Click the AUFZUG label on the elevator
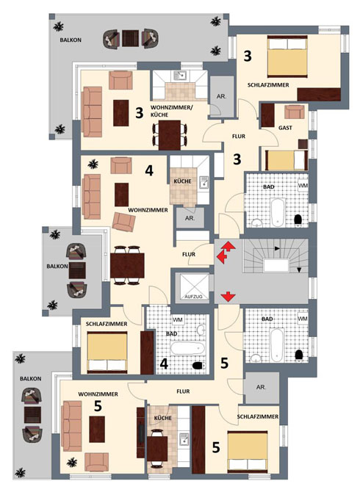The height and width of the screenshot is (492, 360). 193,297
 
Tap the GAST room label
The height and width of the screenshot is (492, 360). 285,128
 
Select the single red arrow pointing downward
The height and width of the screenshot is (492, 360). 228,296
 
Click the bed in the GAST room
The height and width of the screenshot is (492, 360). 287,160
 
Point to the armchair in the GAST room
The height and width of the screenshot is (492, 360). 295,112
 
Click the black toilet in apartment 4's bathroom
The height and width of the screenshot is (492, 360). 198,365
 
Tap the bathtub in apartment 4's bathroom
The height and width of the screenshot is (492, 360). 187,348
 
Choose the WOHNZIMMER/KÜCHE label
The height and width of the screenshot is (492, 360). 172,111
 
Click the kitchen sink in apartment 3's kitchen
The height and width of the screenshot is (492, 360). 180,76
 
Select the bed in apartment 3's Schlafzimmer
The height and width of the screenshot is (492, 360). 287,57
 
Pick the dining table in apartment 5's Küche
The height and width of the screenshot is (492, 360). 157,449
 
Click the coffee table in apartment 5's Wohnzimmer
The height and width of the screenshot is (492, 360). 97,430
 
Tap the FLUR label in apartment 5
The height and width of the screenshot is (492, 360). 183,391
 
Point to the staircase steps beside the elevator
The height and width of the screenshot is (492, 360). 276,256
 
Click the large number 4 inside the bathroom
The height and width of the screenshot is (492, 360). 164,363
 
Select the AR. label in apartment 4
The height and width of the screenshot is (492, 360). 190,218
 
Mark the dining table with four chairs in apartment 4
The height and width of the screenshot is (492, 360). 127,265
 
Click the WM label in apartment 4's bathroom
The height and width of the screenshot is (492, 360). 178,319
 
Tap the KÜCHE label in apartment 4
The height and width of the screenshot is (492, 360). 182,181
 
